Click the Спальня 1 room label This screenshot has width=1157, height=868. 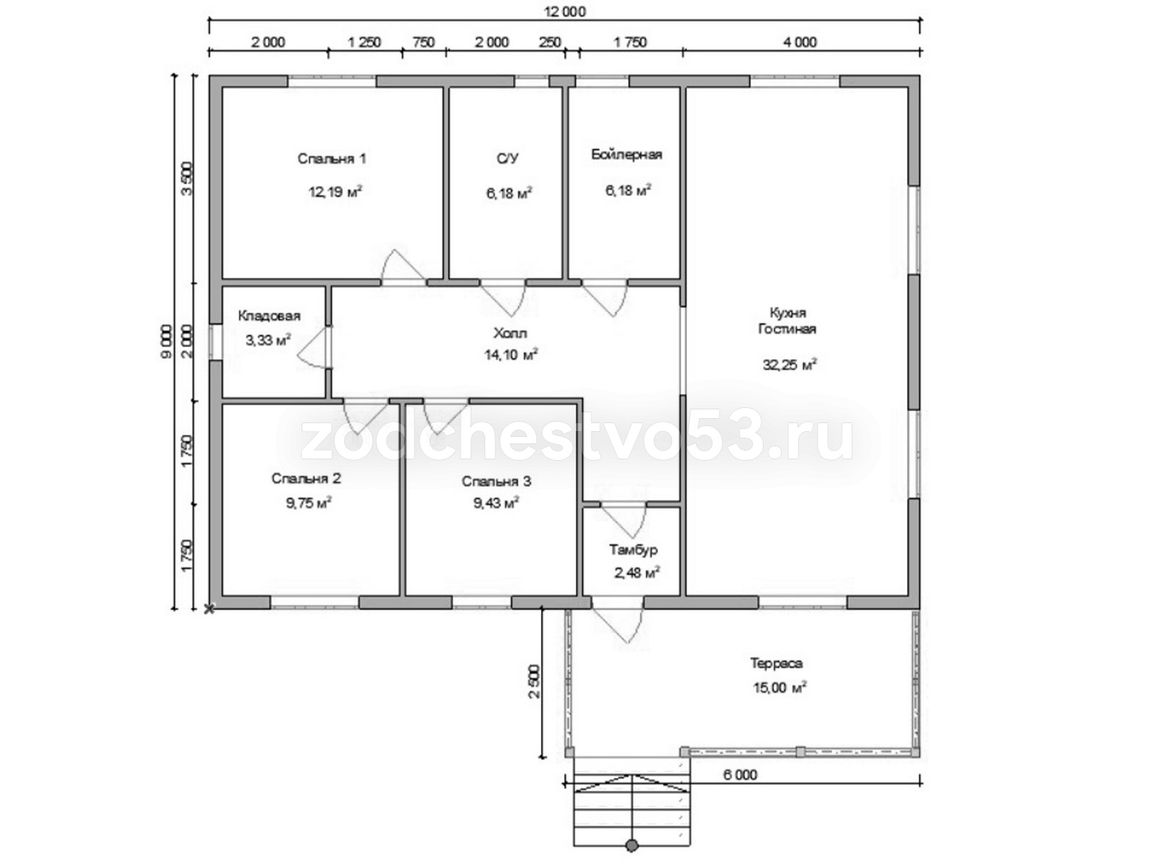coord(331,158)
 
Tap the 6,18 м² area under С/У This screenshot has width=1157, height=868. coord(508,193)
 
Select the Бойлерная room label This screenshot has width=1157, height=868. coord(626,154)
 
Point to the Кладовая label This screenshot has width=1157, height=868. coord(269,316)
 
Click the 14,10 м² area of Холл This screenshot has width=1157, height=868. coord(511,354)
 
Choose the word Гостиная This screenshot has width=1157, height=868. coord(787,329)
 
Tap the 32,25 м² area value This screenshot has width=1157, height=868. coord(790,364)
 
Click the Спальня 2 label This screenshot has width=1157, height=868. coord(307,479)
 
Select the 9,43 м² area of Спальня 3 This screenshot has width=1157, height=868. coord(496,503)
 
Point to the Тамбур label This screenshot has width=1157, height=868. coord(633,550)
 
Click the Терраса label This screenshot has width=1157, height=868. coord(777,663)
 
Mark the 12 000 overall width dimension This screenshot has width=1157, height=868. coord(565,12)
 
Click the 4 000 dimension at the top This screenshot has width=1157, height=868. coord(800,42)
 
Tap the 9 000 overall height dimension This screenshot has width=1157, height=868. coord(166,341)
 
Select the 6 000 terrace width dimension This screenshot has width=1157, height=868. coord(740,775)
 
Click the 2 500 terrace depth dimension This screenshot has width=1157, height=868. coord(534,681)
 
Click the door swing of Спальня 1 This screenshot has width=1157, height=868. coord(404,266)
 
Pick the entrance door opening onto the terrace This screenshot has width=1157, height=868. coord(618,625)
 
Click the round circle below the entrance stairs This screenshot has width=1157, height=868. coord(631,861)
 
